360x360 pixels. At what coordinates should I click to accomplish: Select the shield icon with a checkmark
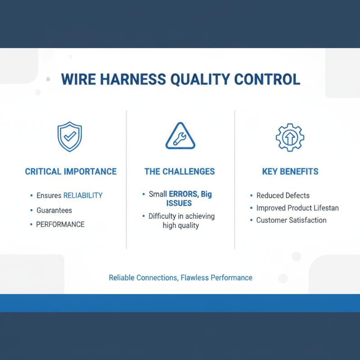(x=70, y=137)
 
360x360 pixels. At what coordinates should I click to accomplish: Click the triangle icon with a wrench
(x=180, y=136)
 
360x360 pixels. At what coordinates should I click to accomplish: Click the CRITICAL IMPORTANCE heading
(x=71, y=171)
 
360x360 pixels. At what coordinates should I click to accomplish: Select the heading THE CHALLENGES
(x=180, y=171)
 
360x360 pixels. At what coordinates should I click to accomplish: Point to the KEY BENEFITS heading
(x=290, y=171)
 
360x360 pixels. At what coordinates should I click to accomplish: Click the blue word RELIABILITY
(x=83, y=195)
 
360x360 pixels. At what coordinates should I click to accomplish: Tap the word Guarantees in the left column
(x=54, y=210)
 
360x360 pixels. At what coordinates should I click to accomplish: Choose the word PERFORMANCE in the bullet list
(x=60, y=224)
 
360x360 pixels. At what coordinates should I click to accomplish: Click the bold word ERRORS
(x=184, y=194)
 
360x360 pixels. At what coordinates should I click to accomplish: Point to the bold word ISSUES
(x=182, y=203)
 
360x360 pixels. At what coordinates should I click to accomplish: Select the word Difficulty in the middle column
(x=162, y=216)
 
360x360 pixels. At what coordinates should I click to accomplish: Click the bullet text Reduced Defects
(x=283, y=195)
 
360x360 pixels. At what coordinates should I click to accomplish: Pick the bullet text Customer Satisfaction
(x=291, y=220)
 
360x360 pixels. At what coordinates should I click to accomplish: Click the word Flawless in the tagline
(x=194, y=278)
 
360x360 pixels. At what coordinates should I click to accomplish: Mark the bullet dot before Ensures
(x=31, y=195)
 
